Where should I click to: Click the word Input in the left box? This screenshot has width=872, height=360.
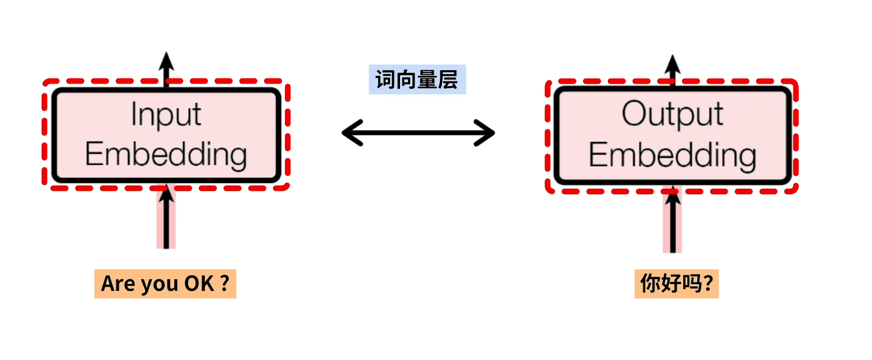(x=166, y=115)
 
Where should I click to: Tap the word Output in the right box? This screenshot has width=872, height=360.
(x=673, y=115)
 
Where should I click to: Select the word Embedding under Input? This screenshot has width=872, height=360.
(x=166, y=154)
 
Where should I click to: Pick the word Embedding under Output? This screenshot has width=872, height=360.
(x=673, y=155)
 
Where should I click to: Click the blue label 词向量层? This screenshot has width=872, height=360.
(x=417, y=80)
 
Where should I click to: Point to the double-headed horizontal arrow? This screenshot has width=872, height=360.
(x=418, y=133)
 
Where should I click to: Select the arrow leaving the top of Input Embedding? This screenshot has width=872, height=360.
(x=166, y=67)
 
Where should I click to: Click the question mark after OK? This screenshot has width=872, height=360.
(x=224, y=284)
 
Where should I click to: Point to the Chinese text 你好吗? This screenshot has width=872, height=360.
(x=676, y=284)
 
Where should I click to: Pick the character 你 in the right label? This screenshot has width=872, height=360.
(x=651, y=284)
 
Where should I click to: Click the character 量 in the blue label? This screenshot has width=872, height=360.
(x=430, y=80)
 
